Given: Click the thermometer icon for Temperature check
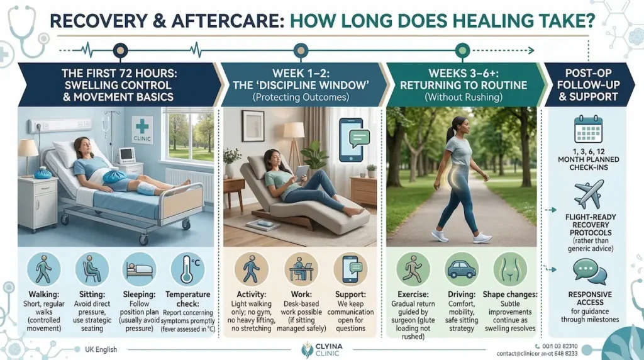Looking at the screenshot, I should (186, 270).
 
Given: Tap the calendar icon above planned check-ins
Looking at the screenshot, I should (589, 130).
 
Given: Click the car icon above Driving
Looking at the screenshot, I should (461, 270).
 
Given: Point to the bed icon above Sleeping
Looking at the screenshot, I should (138, 270).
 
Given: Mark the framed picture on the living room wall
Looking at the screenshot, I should (253, 126).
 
